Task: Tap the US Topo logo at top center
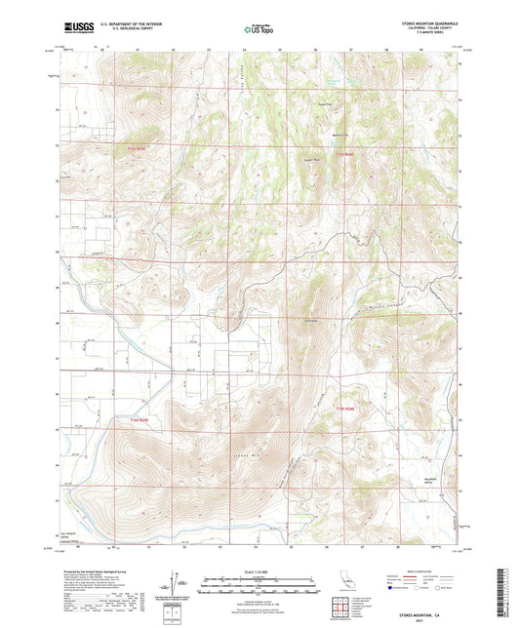pos(259,30)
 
